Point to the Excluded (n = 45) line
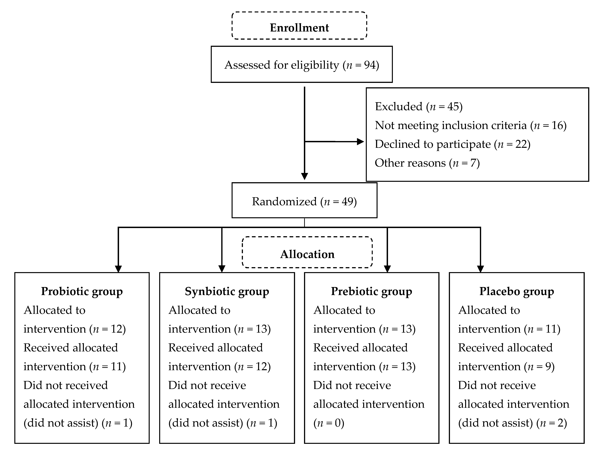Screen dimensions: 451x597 (419, 106)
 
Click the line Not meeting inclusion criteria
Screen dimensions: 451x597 (470, 125)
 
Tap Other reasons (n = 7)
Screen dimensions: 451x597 (427, 163)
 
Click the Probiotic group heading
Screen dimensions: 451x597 (82, 291)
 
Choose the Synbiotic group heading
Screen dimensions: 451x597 (227, 291)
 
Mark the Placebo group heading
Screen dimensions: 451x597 (517, 291)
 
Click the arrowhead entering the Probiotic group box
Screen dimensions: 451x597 (118, 269)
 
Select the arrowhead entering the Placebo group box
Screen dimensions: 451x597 (480, 269)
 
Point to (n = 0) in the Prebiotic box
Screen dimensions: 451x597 (329, 423)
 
